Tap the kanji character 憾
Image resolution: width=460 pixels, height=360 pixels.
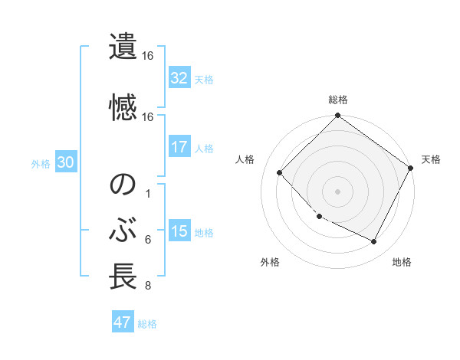[x=123, y=108]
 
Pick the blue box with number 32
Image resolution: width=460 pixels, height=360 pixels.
[x=179, y=78]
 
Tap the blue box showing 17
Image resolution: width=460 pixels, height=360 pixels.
[x=179, y=147]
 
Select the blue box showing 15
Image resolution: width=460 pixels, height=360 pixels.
[x=179, y=231]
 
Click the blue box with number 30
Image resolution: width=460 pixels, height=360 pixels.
[x=65, y=162]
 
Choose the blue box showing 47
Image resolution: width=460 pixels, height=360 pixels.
[x=123, y=322]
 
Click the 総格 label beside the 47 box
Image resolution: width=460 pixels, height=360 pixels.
[x=147, y=324]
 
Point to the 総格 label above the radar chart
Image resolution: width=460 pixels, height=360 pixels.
[x=338, y=100]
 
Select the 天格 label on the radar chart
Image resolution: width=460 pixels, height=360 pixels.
[x=431, y=159]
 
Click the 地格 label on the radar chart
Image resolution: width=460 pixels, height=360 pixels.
[x=402, y=262]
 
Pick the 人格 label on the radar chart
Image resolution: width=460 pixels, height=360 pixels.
[x=245, y=159]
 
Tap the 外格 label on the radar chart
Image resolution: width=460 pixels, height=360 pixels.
[x=270, y=262]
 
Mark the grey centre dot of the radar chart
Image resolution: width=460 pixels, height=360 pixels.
[x=338, y=191]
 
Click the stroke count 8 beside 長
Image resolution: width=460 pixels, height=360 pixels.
[x=147, y=286]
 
